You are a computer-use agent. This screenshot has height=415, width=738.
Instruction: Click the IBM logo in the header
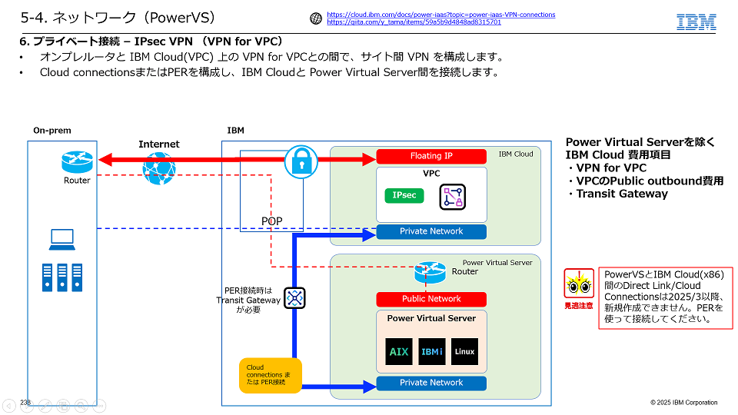[x=696, y=22]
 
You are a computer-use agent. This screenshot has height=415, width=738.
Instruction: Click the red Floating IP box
[x=431, y=156]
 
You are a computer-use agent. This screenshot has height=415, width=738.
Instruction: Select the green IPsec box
[x=404, y=195]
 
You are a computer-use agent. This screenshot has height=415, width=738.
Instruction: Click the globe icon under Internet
[x=158, y=166]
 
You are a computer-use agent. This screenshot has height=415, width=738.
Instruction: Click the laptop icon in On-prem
[x=62, y=239]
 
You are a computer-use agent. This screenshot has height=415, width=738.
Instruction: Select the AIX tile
[x=398, y=351]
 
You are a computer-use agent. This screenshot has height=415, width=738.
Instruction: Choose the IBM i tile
[x=431, y=351]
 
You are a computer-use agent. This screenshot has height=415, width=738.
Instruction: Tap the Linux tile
[x=464, y=351]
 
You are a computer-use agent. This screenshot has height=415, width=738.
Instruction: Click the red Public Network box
[x=431, y=299]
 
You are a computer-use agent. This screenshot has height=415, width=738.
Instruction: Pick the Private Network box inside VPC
[x=431, y=231]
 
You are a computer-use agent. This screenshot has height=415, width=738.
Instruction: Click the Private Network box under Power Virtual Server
[x=431, y=383]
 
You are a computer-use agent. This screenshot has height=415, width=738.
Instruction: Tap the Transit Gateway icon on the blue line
[x=294, y=297]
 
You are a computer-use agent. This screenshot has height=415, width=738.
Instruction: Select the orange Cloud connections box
[x=270, y=376]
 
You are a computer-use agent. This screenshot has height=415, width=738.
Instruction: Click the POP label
[x=271, y=221]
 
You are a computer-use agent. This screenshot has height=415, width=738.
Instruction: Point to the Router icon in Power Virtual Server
[x=430, y=271]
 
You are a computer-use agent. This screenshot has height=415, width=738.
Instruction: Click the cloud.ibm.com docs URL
[x=440, y=15]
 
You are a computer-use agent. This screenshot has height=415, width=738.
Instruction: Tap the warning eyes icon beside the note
[x=579, y=285]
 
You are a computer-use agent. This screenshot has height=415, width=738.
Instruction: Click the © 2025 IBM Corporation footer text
[x=683, y=403]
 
